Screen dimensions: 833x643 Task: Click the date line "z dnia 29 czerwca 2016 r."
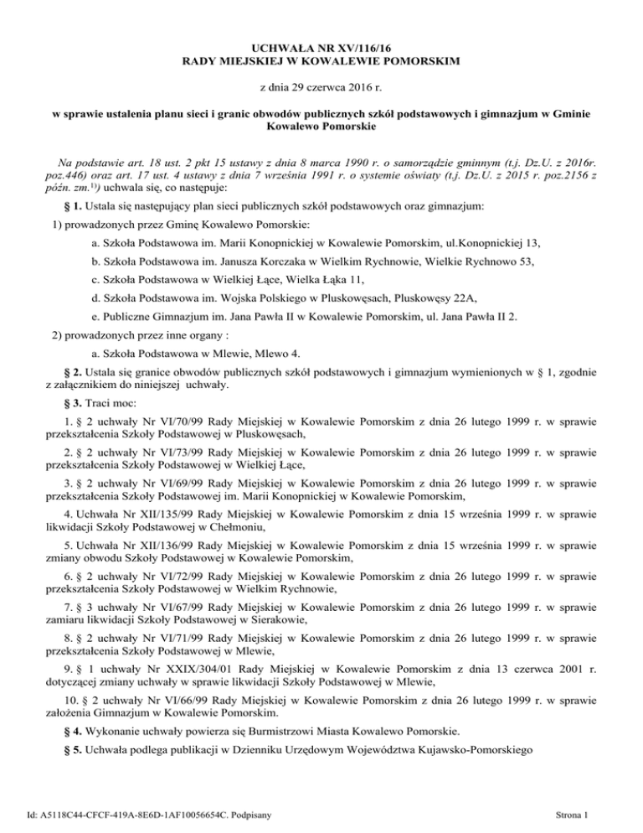tap(321, 87)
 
